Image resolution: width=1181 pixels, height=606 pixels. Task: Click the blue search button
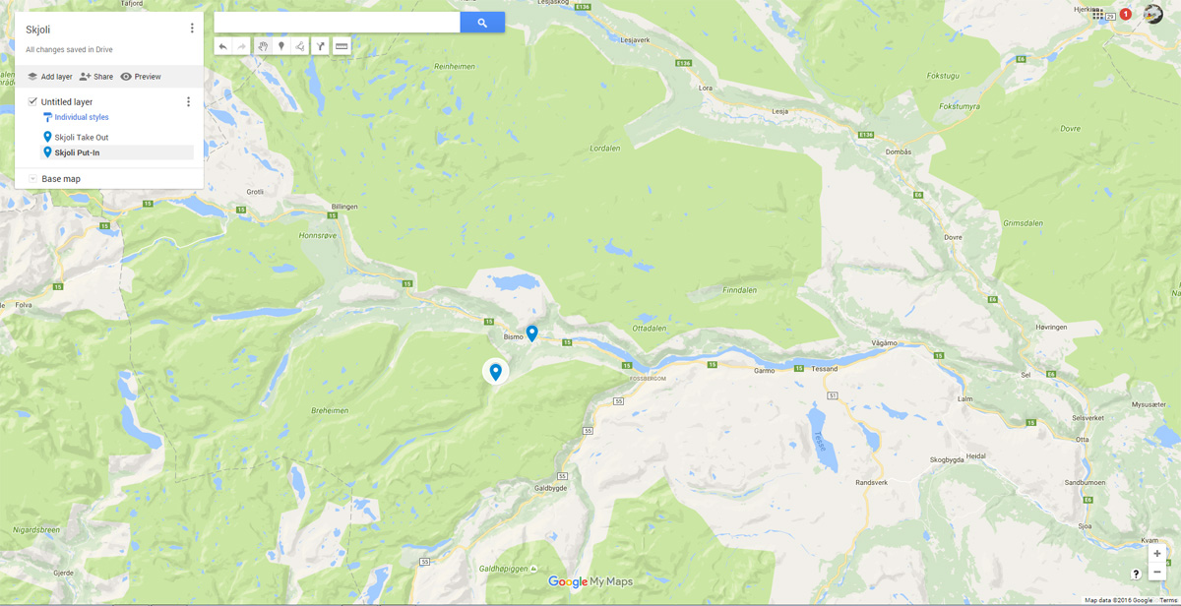pos(482,23)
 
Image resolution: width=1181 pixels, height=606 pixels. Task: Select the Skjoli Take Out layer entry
pos(81,138)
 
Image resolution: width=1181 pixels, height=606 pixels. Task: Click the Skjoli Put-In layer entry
pos(77,152)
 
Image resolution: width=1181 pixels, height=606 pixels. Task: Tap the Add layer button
pos(49,77)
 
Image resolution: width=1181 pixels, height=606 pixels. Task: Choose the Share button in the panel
pos(96,77)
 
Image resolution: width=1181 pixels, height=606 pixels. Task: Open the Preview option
pos(141,77)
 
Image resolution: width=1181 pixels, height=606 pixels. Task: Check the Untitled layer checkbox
pos(32,101)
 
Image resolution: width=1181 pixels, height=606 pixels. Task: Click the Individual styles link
pos(81,117)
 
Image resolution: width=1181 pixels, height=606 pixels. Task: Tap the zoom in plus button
pos(1157,554)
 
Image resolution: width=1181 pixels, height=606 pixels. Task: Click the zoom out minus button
pos(1157,572)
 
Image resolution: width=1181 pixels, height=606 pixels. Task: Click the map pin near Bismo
pos(531,333)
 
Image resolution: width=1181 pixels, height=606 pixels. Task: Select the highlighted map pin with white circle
pos(496,371)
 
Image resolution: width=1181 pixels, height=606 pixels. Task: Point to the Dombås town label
pos(899,151)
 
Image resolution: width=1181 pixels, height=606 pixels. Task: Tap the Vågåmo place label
pos(885,342)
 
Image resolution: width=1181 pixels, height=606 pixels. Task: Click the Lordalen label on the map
pos(604,149)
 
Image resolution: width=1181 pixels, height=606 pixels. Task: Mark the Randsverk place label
pos(871,482)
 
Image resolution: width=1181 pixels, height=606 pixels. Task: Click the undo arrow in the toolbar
pos(223,46)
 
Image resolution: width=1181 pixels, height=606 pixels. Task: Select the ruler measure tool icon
pos(342,46)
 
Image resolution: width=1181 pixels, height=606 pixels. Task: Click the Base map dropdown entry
pos(60,179)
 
